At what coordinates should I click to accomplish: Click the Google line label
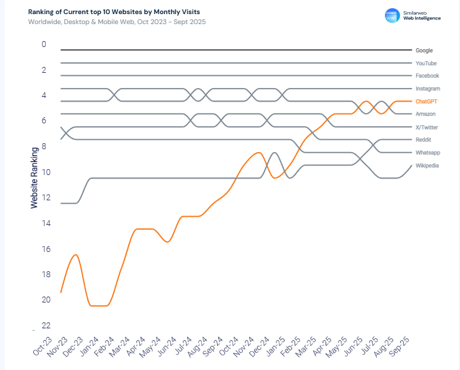coord(424,51)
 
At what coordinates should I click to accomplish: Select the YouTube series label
coord(426,63)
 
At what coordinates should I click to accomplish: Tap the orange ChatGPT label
coord(427,102)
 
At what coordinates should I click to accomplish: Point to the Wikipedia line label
coord(427,166)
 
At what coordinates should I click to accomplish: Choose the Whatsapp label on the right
coord(428,153)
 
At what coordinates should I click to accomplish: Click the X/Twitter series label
coord(427,127)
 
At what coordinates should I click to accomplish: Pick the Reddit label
coord(424,140)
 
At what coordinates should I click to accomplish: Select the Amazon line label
coord(425,114)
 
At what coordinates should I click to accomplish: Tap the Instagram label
coord(428,89)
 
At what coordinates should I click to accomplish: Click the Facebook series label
coord(427,76)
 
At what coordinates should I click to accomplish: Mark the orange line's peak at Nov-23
coord(76,254)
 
